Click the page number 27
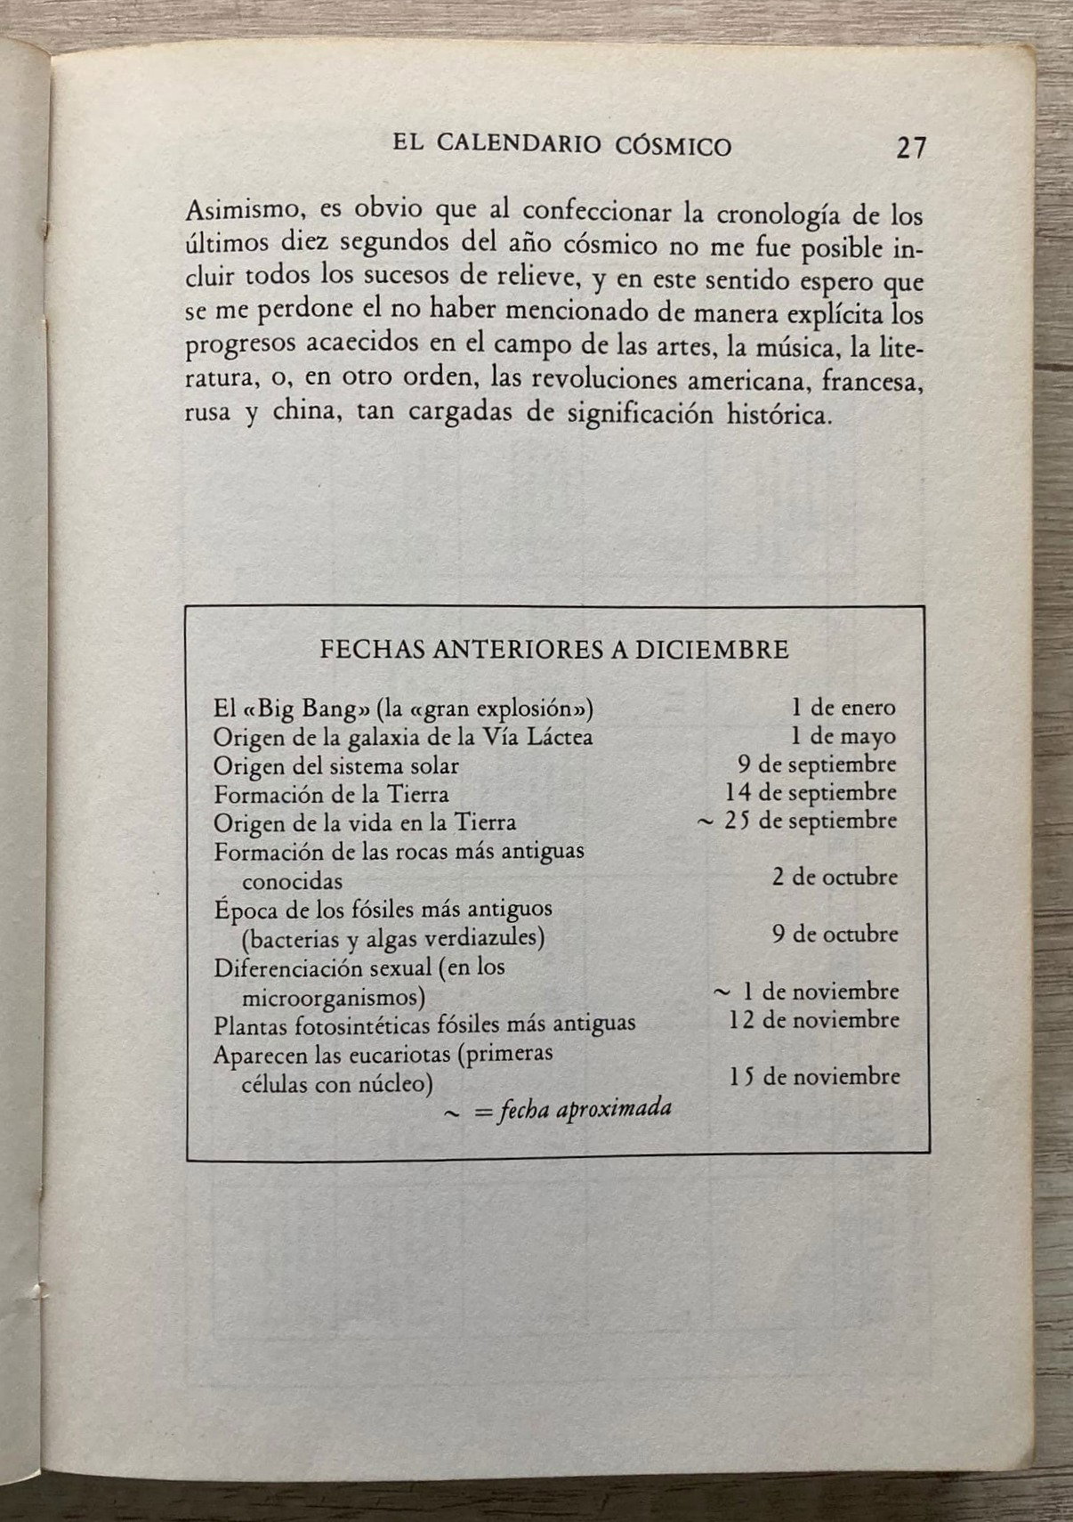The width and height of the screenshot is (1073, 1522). [911, 147]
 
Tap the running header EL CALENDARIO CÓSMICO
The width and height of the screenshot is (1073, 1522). [561, 145]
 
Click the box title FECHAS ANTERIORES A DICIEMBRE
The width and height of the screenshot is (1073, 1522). [553, 649]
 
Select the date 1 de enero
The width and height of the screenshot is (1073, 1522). [843, 708]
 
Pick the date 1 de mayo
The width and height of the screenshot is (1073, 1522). [843, 736]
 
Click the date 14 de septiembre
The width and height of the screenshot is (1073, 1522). [811, 792]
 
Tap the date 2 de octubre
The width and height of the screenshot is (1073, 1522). [835, 877]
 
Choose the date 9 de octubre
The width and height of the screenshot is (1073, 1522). [835, 935]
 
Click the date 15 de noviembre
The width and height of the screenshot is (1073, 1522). [814, 1077]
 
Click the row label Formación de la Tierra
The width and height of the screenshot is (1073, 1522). [331, 794]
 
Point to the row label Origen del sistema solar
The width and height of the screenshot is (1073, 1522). [336, 765]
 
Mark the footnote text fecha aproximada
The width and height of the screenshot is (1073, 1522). [585, 1109]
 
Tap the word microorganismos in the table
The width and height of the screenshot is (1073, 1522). [333, 995]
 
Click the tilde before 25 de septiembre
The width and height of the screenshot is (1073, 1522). [704, 822]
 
